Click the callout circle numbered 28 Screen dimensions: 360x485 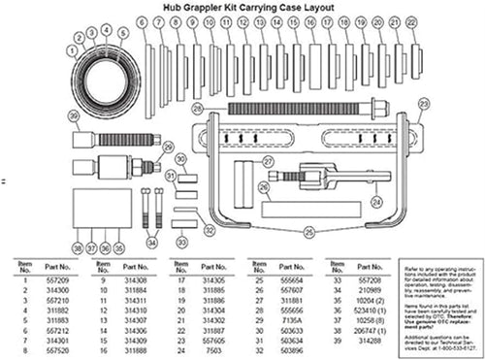[197, 108]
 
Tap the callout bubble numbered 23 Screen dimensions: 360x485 [422, 114]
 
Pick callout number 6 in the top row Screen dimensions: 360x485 [143, 20]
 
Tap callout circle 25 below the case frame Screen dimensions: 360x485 [308, 231]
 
